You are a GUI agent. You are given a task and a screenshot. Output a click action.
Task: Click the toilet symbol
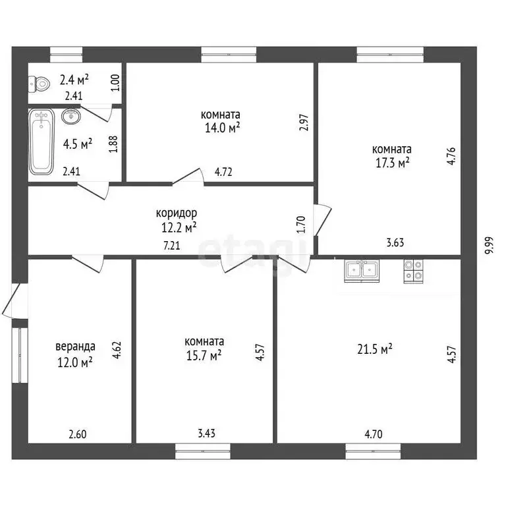click(x=39, y=84)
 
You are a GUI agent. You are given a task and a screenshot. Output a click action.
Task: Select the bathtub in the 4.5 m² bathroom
click(x=42, y=142)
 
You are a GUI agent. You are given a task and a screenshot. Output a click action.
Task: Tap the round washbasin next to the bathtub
click(x=71, y=116)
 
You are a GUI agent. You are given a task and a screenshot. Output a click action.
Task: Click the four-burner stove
click(x=413, y=271)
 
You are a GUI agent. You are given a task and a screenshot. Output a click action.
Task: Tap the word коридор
click(x=176, y=213)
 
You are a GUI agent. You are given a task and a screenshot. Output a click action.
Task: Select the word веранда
click(x=76, y=347)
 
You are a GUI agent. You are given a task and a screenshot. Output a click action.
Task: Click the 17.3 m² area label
click(x=393, y=163)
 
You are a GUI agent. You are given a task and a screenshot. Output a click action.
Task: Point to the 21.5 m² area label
click(x=375, y=349)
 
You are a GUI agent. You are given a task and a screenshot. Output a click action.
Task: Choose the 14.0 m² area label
click(x=222, y=128)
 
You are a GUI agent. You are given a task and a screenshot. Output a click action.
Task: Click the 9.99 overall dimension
click(x=490, y=246)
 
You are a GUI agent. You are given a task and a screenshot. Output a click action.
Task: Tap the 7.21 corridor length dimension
click(x=172, y=246)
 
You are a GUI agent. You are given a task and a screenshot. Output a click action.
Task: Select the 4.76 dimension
click(x=451, y=156)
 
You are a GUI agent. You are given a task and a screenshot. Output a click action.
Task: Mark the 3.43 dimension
click(x=206, y=433)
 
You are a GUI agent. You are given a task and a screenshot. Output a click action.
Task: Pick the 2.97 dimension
click(x=304, y=123)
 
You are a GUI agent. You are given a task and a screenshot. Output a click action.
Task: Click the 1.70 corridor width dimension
click(x=300, y=225)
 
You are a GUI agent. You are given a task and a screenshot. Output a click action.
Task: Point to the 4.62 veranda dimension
click(x=117, y=350)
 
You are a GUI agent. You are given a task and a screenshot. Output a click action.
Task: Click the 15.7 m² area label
click(x=204, y=355)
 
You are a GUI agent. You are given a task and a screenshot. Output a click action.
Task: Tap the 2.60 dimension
click(x=78, y=434)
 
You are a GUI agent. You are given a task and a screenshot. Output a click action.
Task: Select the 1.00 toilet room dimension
click(x=115, y=82)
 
